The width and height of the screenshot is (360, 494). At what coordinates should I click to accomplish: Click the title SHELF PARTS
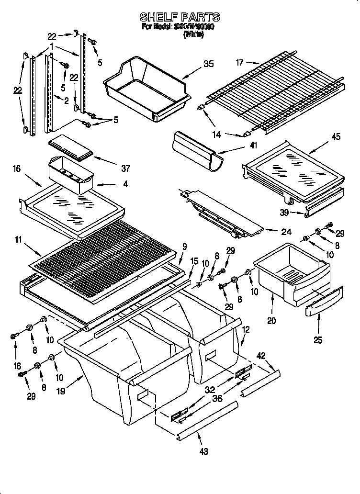(180, 17)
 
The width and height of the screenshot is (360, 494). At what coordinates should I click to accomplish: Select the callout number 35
(208, 64)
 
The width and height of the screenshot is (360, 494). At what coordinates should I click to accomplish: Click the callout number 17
(240, 62)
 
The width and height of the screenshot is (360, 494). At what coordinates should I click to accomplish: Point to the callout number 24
(286, 232)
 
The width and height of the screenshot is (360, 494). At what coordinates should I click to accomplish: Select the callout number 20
(271, 321)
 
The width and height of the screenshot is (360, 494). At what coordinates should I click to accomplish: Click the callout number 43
(203, 451)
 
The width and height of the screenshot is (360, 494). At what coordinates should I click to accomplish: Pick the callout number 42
(261, 356)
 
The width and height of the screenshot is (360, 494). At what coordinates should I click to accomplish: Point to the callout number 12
(246, 329)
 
